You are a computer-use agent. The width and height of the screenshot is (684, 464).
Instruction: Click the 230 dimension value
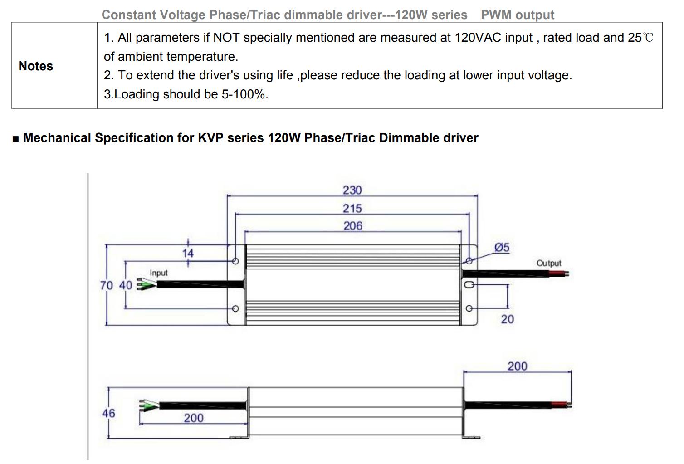pyautogui.click(x=352, y=190)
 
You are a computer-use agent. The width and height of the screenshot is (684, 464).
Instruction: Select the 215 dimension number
pyautogui.click(x=352, y=209)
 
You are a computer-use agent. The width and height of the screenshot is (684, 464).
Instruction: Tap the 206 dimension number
pyautogui.click(x=353, y=226)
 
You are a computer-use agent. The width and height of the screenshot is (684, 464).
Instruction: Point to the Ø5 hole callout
pyautogui.click(x=502, y=247)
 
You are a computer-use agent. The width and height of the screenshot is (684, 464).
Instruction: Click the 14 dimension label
pyautogui.click(x=188, y=253)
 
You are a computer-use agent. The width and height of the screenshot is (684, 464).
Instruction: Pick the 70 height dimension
pyautogui.click(x=107, y=285)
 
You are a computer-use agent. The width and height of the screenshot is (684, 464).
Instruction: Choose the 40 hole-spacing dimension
pyautogui.click(x=126, y=285)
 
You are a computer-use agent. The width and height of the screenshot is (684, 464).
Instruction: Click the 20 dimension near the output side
pyautogui.click(x=508, y=319)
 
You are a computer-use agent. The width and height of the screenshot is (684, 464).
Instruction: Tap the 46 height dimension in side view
pyautogui.click(x=108, y=413)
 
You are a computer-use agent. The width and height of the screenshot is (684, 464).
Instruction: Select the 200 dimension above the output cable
pyautogui.click(x=518, y=366)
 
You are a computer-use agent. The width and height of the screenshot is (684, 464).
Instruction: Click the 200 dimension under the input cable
pyautogui.click(x=194, y=418)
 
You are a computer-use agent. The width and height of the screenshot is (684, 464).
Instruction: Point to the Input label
pyautogui.click(x=158, y=273)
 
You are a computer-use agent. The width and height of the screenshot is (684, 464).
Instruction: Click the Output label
pyautogui.click(x=549, y=263)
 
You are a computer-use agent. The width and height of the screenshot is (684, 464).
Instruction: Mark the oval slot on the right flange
pyautogui.click(x=469, y=285)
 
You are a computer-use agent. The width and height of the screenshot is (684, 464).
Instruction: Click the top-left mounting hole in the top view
pyautogui.click(x=235, y=261)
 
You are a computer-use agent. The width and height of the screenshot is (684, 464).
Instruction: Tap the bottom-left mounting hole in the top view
pyautogui.click(x=235, y=308)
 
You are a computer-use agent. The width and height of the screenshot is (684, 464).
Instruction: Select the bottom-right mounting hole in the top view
pyautogui.click(x=469, y=308)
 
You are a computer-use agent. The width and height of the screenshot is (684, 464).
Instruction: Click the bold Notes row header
pyautogui.click(x=36, y=66)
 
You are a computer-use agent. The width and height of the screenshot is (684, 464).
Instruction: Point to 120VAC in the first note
pyautogui.click(x=478, y=38)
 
